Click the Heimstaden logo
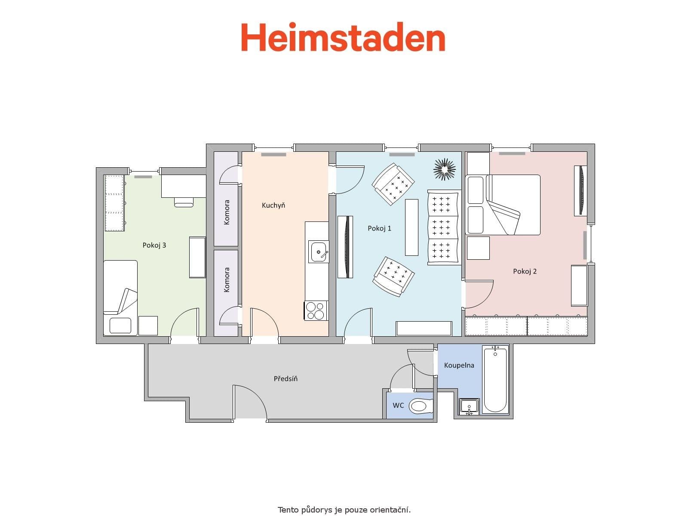click(x=343, y=38)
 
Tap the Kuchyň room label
click(x=273, y=205)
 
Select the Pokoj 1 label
click(x=379, y=228)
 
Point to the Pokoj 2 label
click(x=525, y=271)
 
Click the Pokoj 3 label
click(x=154, y=245)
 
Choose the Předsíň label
click(x=286, y=379)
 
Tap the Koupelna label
click(x=459, y=365)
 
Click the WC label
click(x=398, y=405)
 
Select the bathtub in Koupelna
click(x=495, y=380)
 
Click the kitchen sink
click(x=319, y=251)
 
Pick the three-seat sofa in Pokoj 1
click(x=443, y=227)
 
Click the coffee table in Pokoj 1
click(x=412, y=227)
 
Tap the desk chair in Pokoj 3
click(x=184, y=202)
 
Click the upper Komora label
click(x=227, y=212)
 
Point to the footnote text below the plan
click(x=344, y=510)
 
